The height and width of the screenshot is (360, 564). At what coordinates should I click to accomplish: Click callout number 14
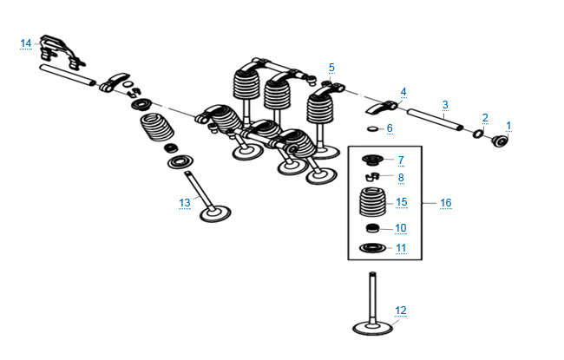pos(25,43)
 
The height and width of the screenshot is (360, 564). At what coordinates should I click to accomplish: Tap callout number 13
pos(184,203)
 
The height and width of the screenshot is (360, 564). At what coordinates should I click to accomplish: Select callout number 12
pos(400,310)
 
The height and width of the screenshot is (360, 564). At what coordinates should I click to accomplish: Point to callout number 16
pos(445,202)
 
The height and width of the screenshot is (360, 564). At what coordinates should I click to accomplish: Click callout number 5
pos(331,67)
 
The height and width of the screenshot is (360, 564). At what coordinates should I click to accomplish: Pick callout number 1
pos(508,125)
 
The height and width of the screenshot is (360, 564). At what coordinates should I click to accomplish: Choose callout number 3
pos(444,104)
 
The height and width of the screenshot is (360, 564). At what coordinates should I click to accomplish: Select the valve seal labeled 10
pos(371,229)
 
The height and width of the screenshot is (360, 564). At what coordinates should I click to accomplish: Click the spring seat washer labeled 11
pos(371,250)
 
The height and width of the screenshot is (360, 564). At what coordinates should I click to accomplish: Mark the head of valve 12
pos(372,329)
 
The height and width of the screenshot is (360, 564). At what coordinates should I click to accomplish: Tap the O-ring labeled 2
pos(479,134)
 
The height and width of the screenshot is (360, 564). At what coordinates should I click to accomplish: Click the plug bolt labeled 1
pos(500,142)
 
